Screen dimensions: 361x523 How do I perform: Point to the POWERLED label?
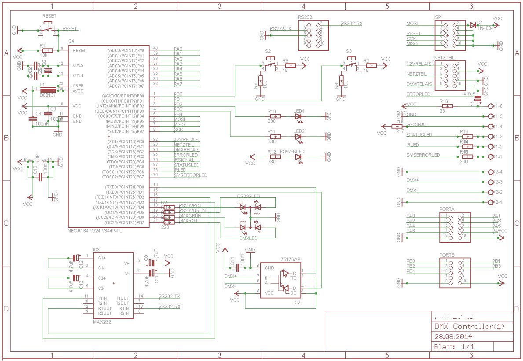tap(292, 151)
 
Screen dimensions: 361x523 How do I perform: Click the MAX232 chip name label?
tap(102, 322)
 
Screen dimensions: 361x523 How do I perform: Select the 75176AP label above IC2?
tap(290, 259)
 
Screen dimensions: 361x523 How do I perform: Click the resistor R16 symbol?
tap(447, 106)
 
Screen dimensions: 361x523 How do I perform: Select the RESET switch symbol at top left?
tap(49, 29)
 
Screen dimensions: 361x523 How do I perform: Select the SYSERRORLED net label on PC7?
tap(190, 175)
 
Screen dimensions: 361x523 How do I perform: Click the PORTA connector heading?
tap(446, 209)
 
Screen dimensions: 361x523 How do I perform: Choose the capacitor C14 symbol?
tap(238, 267)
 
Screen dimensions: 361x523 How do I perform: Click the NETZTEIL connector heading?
tap(444, 58)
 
